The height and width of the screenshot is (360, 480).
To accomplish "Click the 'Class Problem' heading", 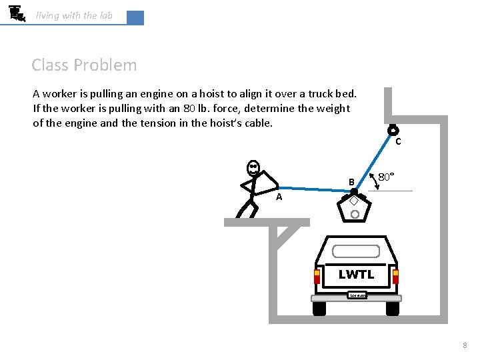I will click(84, 65).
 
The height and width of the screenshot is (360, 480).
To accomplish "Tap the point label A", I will click(279, 197).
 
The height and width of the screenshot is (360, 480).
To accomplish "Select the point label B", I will click(350, 182).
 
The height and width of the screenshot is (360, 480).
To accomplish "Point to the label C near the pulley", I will click(398, 141).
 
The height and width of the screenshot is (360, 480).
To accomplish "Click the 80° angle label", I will click(386, 177).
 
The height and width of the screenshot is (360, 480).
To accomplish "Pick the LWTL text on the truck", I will click(356, 274).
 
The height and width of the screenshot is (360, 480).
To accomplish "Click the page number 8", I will click(465, 345).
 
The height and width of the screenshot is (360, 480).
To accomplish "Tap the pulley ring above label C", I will click(393, 131).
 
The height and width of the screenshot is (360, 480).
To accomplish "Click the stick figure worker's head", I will click(253, 167).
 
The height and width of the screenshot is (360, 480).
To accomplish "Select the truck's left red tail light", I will click(317, 275).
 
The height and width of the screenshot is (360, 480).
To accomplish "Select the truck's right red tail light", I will click(395, 275).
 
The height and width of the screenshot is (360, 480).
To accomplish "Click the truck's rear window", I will click(356, 251).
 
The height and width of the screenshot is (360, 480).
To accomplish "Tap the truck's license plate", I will click(357, 295).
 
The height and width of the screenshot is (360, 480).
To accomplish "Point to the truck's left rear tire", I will click(319, 308).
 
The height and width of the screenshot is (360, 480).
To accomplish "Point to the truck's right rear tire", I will click(393, 308).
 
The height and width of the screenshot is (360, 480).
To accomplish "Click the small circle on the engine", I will click(355, 214).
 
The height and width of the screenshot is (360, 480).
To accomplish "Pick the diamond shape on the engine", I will click(354, 201).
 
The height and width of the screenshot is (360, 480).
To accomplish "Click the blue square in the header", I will click(135, 18).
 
